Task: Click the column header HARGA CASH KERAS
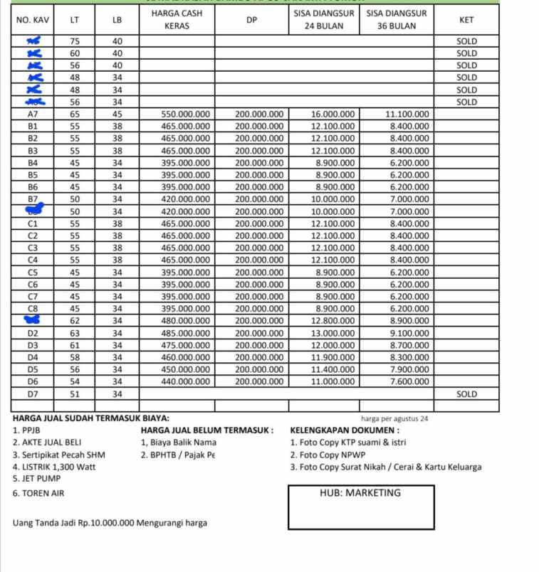click(x=177, y=20)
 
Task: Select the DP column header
click(x=251, y=20)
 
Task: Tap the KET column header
click(x=466, y=20)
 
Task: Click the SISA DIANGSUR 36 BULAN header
click(x=397, y=20)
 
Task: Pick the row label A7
click(x=32, y=114)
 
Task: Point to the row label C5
click(x=32, y=272)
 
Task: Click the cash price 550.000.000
click(x=185, y=114)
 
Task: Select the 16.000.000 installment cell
click(x=333, y=114)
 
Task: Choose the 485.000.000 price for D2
click(x=185, y=333)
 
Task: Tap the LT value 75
click(x=75, y=41)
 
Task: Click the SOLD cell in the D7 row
click(x=466, y=393)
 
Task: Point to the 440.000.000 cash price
click(x=185, y=381)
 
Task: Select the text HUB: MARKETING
click(x=360, y=493)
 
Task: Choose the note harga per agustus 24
click(x=394, y=419)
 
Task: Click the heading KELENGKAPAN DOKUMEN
click(x=345, y=430)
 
